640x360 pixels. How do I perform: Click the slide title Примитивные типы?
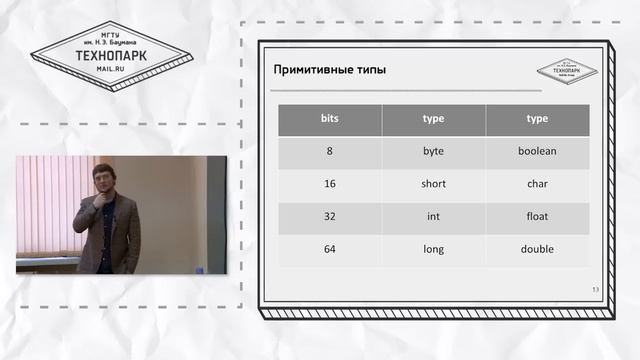(x=330, y=70)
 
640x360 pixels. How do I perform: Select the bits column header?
(x=330, y=119)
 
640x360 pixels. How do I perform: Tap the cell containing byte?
(x=433, y=151)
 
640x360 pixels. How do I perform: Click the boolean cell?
(x=537, y=151)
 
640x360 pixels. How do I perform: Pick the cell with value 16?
(x=330, y=184)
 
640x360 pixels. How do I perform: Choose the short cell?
(x=433, y=184)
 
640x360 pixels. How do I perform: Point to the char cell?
(x=537, y=184)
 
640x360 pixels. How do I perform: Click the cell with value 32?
(x=330, y=216)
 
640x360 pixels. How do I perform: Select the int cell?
(x=433, y=216)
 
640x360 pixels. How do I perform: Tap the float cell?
(x=537, y=216)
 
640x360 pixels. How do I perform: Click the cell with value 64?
(x=330, y=249)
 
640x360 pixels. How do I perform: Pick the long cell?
(x=433, y=249)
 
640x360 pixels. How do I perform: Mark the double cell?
(x=537, y=249)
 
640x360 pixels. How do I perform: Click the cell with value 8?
(x=330, y=151)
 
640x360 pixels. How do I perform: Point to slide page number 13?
(x=595, y=290)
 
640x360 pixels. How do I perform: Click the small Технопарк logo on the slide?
(x=566, y=71)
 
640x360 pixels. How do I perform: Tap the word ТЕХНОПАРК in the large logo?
(x=110, y=56)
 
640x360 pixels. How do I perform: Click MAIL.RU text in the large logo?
(x=110, y=71)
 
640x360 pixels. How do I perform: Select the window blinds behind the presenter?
(x=45, y=205)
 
